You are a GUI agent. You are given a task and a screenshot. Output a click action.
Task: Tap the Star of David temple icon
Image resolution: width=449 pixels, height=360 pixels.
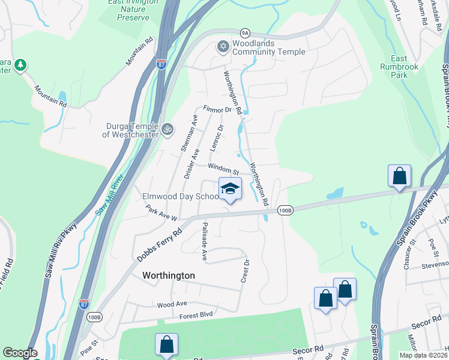coord(223,46)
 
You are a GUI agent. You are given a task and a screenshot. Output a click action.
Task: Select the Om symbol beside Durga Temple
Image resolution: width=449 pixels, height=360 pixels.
coord(168,127)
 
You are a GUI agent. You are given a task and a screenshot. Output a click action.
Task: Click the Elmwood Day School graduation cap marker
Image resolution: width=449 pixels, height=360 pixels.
coord(229,189)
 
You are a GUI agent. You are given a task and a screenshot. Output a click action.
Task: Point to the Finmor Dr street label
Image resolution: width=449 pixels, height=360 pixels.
coord(217,110)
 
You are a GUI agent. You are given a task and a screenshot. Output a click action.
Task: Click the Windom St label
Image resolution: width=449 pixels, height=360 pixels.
coord(223,170)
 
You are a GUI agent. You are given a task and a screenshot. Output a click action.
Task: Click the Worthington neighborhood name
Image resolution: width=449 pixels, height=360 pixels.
coord(169,275)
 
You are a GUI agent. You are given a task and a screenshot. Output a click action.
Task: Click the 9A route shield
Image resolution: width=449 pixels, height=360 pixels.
coord(245,34)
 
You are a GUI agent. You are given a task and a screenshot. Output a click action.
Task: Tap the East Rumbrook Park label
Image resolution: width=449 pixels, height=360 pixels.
coord(399,67)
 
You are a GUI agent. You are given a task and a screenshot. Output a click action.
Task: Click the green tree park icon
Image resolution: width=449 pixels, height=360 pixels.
coord(20,64)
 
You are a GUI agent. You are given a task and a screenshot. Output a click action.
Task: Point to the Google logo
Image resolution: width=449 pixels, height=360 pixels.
coord(20,353)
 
